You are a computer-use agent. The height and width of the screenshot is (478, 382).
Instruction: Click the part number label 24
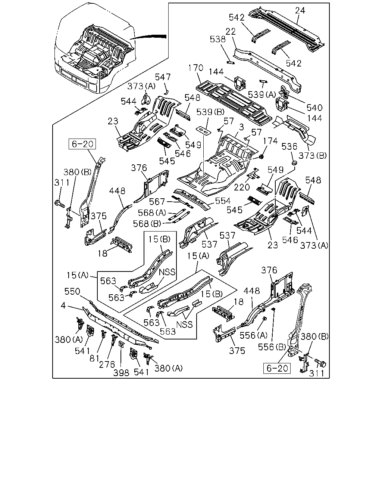click(x=300, y=10)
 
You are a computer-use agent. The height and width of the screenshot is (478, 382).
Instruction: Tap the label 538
click(x=217, y=39)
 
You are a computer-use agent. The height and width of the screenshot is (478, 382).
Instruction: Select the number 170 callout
click(x=195, y=68)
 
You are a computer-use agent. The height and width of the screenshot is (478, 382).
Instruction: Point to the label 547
click(x=163, y=77)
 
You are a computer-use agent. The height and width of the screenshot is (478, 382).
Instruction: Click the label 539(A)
click(x=262, y=94)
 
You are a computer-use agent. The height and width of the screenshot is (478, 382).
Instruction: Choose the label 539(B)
click(x=210, y=112)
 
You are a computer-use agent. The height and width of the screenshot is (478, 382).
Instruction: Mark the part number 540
click(x=314, y=108)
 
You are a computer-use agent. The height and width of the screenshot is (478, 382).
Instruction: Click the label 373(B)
click(x=312, y=155)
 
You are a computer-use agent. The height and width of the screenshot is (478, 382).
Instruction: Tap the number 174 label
click(x=270, y=141)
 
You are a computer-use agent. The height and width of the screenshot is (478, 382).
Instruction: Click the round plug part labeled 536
click(x=295, y=163)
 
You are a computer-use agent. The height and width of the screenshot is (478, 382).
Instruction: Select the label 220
click(x=242, y=187)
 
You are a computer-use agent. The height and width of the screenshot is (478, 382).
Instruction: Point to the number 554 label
click(x=223, y=201)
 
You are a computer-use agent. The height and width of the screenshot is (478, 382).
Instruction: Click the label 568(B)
click(x=147, y=224)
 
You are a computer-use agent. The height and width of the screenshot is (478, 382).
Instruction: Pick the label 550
click(x=72, y=291)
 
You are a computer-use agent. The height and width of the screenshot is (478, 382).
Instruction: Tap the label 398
click(x=121, y=373)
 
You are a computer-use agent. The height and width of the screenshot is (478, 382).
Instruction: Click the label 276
click(x=107, y=364)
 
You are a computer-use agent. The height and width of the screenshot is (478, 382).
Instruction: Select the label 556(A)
click(x=253, y=335)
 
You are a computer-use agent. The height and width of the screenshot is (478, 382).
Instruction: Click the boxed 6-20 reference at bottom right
click(x=277, y=368)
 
